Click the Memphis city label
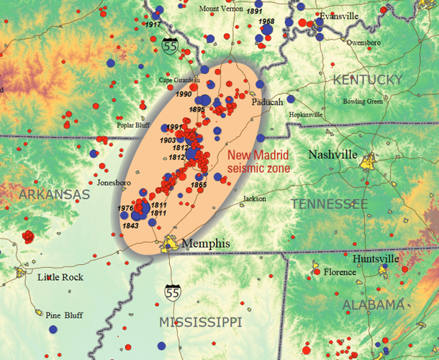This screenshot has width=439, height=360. (206, 244)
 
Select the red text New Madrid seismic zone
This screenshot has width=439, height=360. (259, 161)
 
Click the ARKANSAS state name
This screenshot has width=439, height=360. (54, 195)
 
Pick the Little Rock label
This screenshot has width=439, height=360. (60, 277)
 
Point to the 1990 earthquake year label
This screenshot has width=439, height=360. (182, 94)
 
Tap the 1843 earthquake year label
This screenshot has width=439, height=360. (130, 226)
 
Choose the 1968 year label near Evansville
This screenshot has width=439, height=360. (266, 22)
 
